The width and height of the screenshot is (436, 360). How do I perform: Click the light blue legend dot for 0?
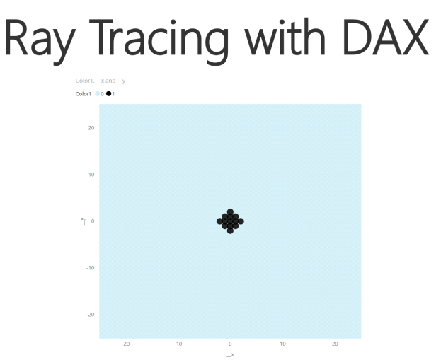pos(98,94)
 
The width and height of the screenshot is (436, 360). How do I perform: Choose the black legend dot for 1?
pos(109,94)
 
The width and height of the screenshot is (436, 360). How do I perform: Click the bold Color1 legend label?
pos(84,94)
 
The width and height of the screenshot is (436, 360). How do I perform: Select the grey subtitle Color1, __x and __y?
pos(100,81)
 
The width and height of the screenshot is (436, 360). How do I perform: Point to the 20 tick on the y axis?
pos(91,127)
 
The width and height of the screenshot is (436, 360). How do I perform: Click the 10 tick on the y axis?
pos(91,174)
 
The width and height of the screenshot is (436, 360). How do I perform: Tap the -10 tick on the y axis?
pos(91,267)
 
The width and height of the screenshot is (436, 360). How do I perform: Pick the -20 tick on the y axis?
pos(91,314)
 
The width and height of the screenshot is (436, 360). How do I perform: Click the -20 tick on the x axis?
pos(125,344)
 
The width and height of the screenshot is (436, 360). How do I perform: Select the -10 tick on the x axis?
pos(178,344)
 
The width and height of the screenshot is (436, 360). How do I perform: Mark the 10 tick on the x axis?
pos(282,344)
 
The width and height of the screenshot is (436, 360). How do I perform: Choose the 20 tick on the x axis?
pos(335,344)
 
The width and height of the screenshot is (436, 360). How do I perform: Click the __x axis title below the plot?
pos(230,354)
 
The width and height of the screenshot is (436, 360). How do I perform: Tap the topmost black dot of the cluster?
pos(230,212)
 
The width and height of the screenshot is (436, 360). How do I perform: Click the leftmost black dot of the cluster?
pos(220,221)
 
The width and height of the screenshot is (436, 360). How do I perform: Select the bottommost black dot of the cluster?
pos(230,231)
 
